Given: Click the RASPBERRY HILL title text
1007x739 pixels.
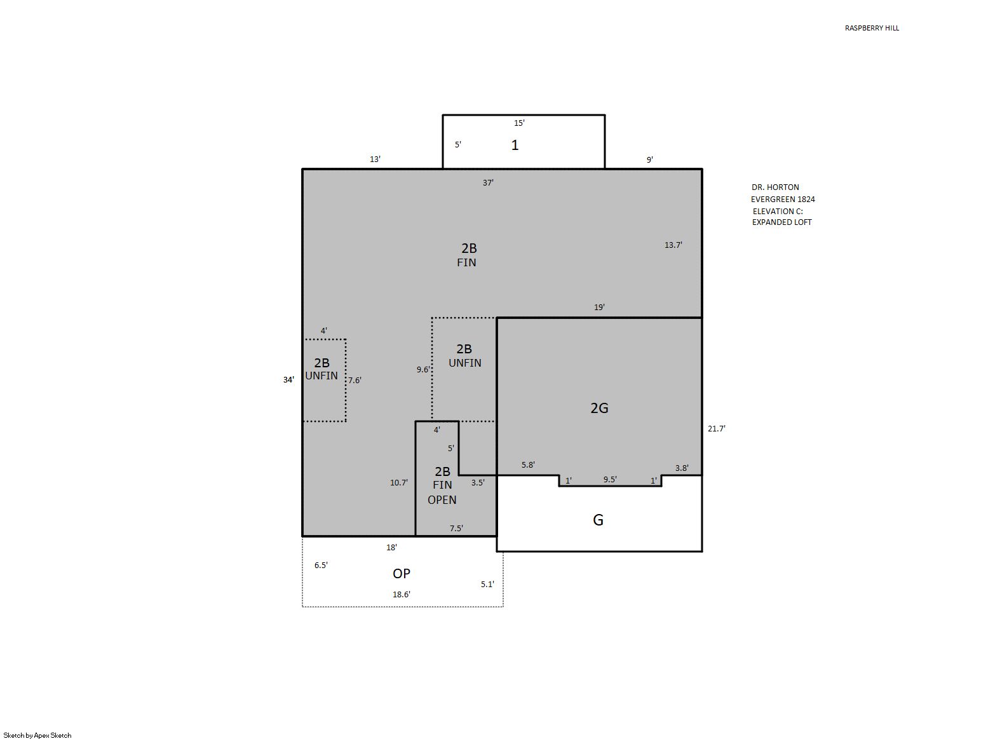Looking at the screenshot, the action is point(872,28).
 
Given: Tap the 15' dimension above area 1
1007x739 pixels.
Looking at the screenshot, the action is point(519,123).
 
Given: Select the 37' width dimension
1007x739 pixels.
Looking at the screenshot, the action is point(488,182).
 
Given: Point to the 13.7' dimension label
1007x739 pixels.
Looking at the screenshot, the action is point(673,245).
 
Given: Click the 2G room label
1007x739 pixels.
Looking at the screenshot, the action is point(599,408).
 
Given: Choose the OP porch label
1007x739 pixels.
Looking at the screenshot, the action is point(402,574).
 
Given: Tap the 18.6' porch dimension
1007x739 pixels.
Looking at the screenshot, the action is point(402,594).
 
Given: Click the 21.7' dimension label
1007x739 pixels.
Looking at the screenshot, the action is point(717,428).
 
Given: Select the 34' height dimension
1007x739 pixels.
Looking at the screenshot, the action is point(288,380).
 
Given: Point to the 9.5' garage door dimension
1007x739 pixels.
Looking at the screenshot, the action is point(610,480).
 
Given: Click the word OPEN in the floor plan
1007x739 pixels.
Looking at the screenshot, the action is point(442,500).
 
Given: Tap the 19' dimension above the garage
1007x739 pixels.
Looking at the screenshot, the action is point(599,307).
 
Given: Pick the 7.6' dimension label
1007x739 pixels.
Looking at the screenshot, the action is point(355,380).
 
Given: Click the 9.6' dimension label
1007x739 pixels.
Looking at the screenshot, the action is point(423,370).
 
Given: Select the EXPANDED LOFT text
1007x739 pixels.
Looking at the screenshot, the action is point(781,222).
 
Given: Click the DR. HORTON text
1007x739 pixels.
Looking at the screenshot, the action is point(776,187).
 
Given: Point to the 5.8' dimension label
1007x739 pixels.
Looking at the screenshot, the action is point(528,464).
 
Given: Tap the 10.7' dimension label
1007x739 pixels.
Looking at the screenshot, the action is point(399,483).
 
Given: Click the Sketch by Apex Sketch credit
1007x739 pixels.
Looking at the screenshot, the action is point(37,735).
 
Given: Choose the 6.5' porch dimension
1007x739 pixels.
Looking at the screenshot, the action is point(321,565).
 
